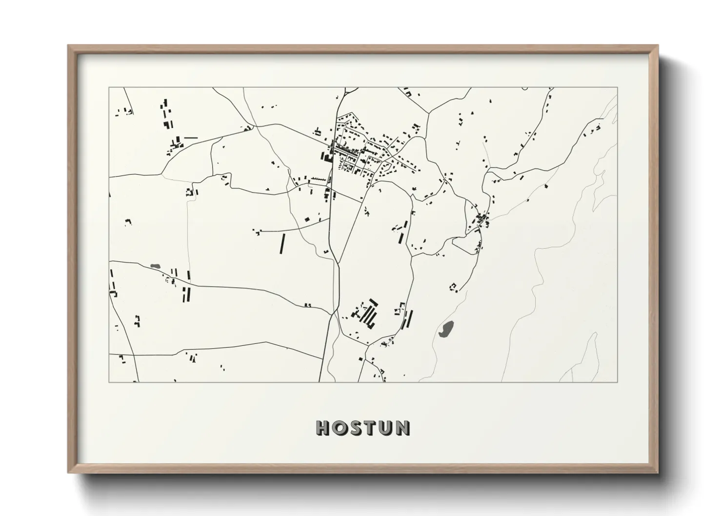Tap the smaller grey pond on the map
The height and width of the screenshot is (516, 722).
click(156, 266)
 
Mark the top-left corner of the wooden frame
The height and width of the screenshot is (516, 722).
click(68, 46)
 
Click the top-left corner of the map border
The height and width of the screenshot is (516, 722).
click(109, 88)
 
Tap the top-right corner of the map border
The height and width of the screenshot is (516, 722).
click(617, 88)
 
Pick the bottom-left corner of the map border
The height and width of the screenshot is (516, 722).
click(109, 382)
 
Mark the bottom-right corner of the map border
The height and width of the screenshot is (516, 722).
click(617, 382)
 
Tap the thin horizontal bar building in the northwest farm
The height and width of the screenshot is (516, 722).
click(190, 138)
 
